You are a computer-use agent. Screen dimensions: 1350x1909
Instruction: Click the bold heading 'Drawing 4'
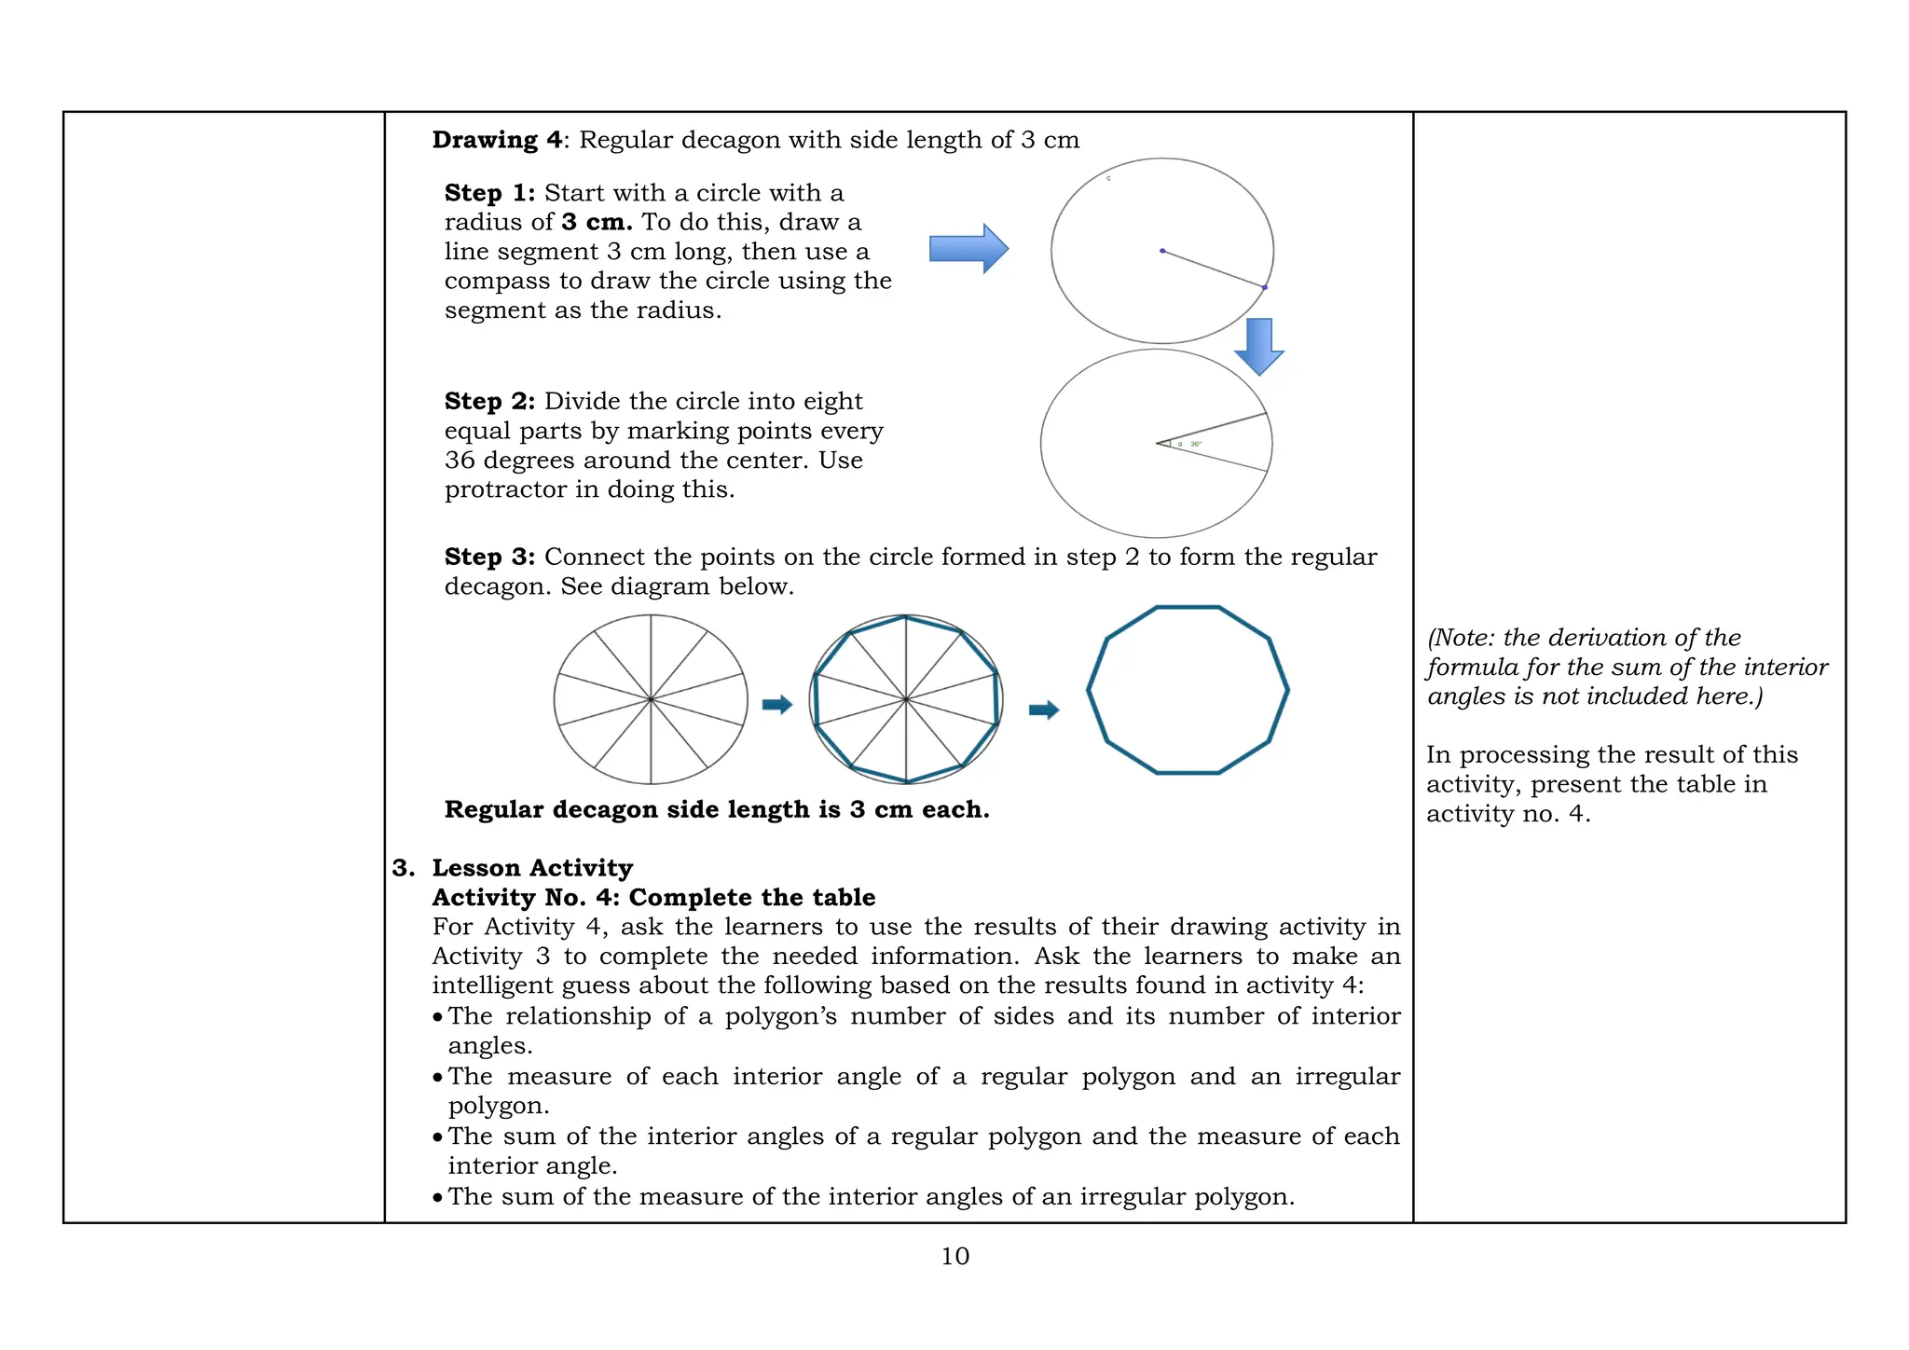tap(497, 140)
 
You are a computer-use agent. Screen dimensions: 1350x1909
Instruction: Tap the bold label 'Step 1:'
tap(489, 193)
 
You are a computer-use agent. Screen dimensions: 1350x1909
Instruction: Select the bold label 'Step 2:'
tap(489, 402)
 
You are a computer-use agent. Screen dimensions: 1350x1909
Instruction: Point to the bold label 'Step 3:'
tap(489, 558)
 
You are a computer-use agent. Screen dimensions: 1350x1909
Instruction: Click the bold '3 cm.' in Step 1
tap(597, 223)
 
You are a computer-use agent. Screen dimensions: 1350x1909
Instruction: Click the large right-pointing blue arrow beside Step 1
tap(968, 249)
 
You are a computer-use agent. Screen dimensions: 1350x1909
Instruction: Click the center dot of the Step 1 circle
tap(1162, 251)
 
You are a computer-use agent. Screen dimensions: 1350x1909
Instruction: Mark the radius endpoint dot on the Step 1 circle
tap(1265, 288)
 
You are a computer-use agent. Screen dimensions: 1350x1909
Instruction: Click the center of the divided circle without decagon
tap(651, 698)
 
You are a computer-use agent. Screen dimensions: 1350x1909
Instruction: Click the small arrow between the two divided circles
tap(776, 705)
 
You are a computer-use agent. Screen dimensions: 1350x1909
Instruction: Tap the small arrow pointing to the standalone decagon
tap(1044, 710)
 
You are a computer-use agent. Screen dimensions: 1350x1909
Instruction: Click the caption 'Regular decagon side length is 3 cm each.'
tap(717, 809)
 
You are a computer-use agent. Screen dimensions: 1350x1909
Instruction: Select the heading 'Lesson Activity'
tap(532, 868)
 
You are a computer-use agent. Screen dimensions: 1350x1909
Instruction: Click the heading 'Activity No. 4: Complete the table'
tap(653, 898)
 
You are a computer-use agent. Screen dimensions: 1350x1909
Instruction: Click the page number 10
tap(954, 1257)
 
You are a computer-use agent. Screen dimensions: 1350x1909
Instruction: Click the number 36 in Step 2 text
tap(460, 461)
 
